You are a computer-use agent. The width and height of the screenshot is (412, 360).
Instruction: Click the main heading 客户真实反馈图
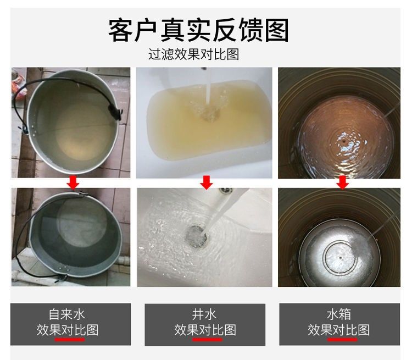point(198,30)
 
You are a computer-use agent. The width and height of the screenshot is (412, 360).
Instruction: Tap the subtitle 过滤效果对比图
point(194,54)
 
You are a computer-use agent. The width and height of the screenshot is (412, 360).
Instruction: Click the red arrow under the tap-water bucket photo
point(73,182)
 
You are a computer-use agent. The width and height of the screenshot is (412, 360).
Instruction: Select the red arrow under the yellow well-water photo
point(206,182)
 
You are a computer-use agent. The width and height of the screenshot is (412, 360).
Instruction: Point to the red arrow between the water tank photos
point(342,182)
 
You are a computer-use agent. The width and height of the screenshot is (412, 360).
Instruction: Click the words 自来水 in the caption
point(67,314)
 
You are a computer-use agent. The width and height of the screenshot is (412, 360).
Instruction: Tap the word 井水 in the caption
point(204,314)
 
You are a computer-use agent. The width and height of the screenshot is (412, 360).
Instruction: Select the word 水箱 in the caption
point(339,314)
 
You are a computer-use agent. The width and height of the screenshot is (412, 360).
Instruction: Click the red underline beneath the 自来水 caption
point(70,340)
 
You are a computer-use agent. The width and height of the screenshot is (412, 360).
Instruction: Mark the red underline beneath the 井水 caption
point(207,340)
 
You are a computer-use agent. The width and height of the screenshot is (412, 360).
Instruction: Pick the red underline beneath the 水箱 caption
point(342,340)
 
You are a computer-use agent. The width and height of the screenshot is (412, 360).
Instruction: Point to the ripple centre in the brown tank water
point(344,141)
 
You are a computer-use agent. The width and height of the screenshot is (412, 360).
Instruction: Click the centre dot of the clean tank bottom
point(340,258)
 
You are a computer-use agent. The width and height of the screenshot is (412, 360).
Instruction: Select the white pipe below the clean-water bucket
point(124,261)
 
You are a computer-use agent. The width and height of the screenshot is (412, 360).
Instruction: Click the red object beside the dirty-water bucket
point(18,87)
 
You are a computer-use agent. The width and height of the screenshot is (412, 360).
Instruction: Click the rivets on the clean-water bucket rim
point(64,268)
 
